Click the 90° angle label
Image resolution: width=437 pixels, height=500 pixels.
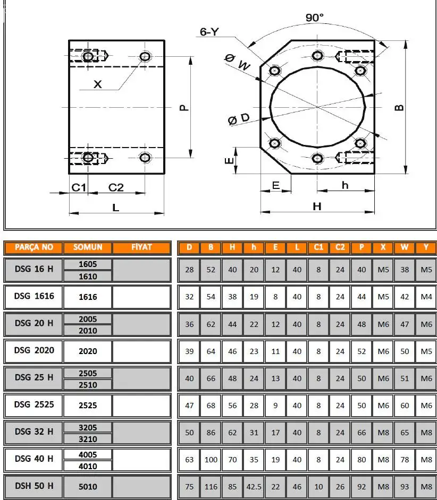coord(314,18)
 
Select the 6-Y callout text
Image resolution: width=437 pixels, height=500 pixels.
coord(209,32)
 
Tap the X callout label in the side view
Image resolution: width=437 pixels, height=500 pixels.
coord(98,84)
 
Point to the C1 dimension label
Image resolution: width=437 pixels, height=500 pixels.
coord(79,187)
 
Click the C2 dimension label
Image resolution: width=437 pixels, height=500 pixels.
coord(116,187)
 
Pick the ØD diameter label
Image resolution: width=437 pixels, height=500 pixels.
coord(239,119)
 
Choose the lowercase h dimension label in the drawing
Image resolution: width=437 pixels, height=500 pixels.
coord(345,185)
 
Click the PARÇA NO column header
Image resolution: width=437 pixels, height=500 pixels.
coord(34,247)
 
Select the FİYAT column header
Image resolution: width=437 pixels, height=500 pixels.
coord(141,247)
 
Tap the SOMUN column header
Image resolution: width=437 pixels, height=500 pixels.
coord(88,247)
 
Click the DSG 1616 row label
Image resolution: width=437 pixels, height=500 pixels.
coord(34,296)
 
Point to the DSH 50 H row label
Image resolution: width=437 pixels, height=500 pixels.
coord(34,486)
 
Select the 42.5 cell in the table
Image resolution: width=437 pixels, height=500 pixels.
coord(254,486)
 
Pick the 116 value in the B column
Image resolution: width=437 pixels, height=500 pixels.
coord(211,486)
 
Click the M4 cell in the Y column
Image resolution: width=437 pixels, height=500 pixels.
coord(426,297)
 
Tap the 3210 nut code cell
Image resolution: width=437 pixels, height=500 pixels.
coord(88,439)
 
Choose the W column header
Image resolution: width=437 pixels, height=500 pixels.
coord(405,247)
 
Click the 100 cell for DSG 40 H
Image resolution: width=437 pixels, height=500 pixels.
coord(211,459)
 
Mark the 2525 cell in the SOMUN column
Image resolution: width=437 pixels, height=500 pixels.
coord(88,405)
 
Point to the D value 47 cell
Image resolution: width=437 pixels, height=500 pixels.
coord(189,405)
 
